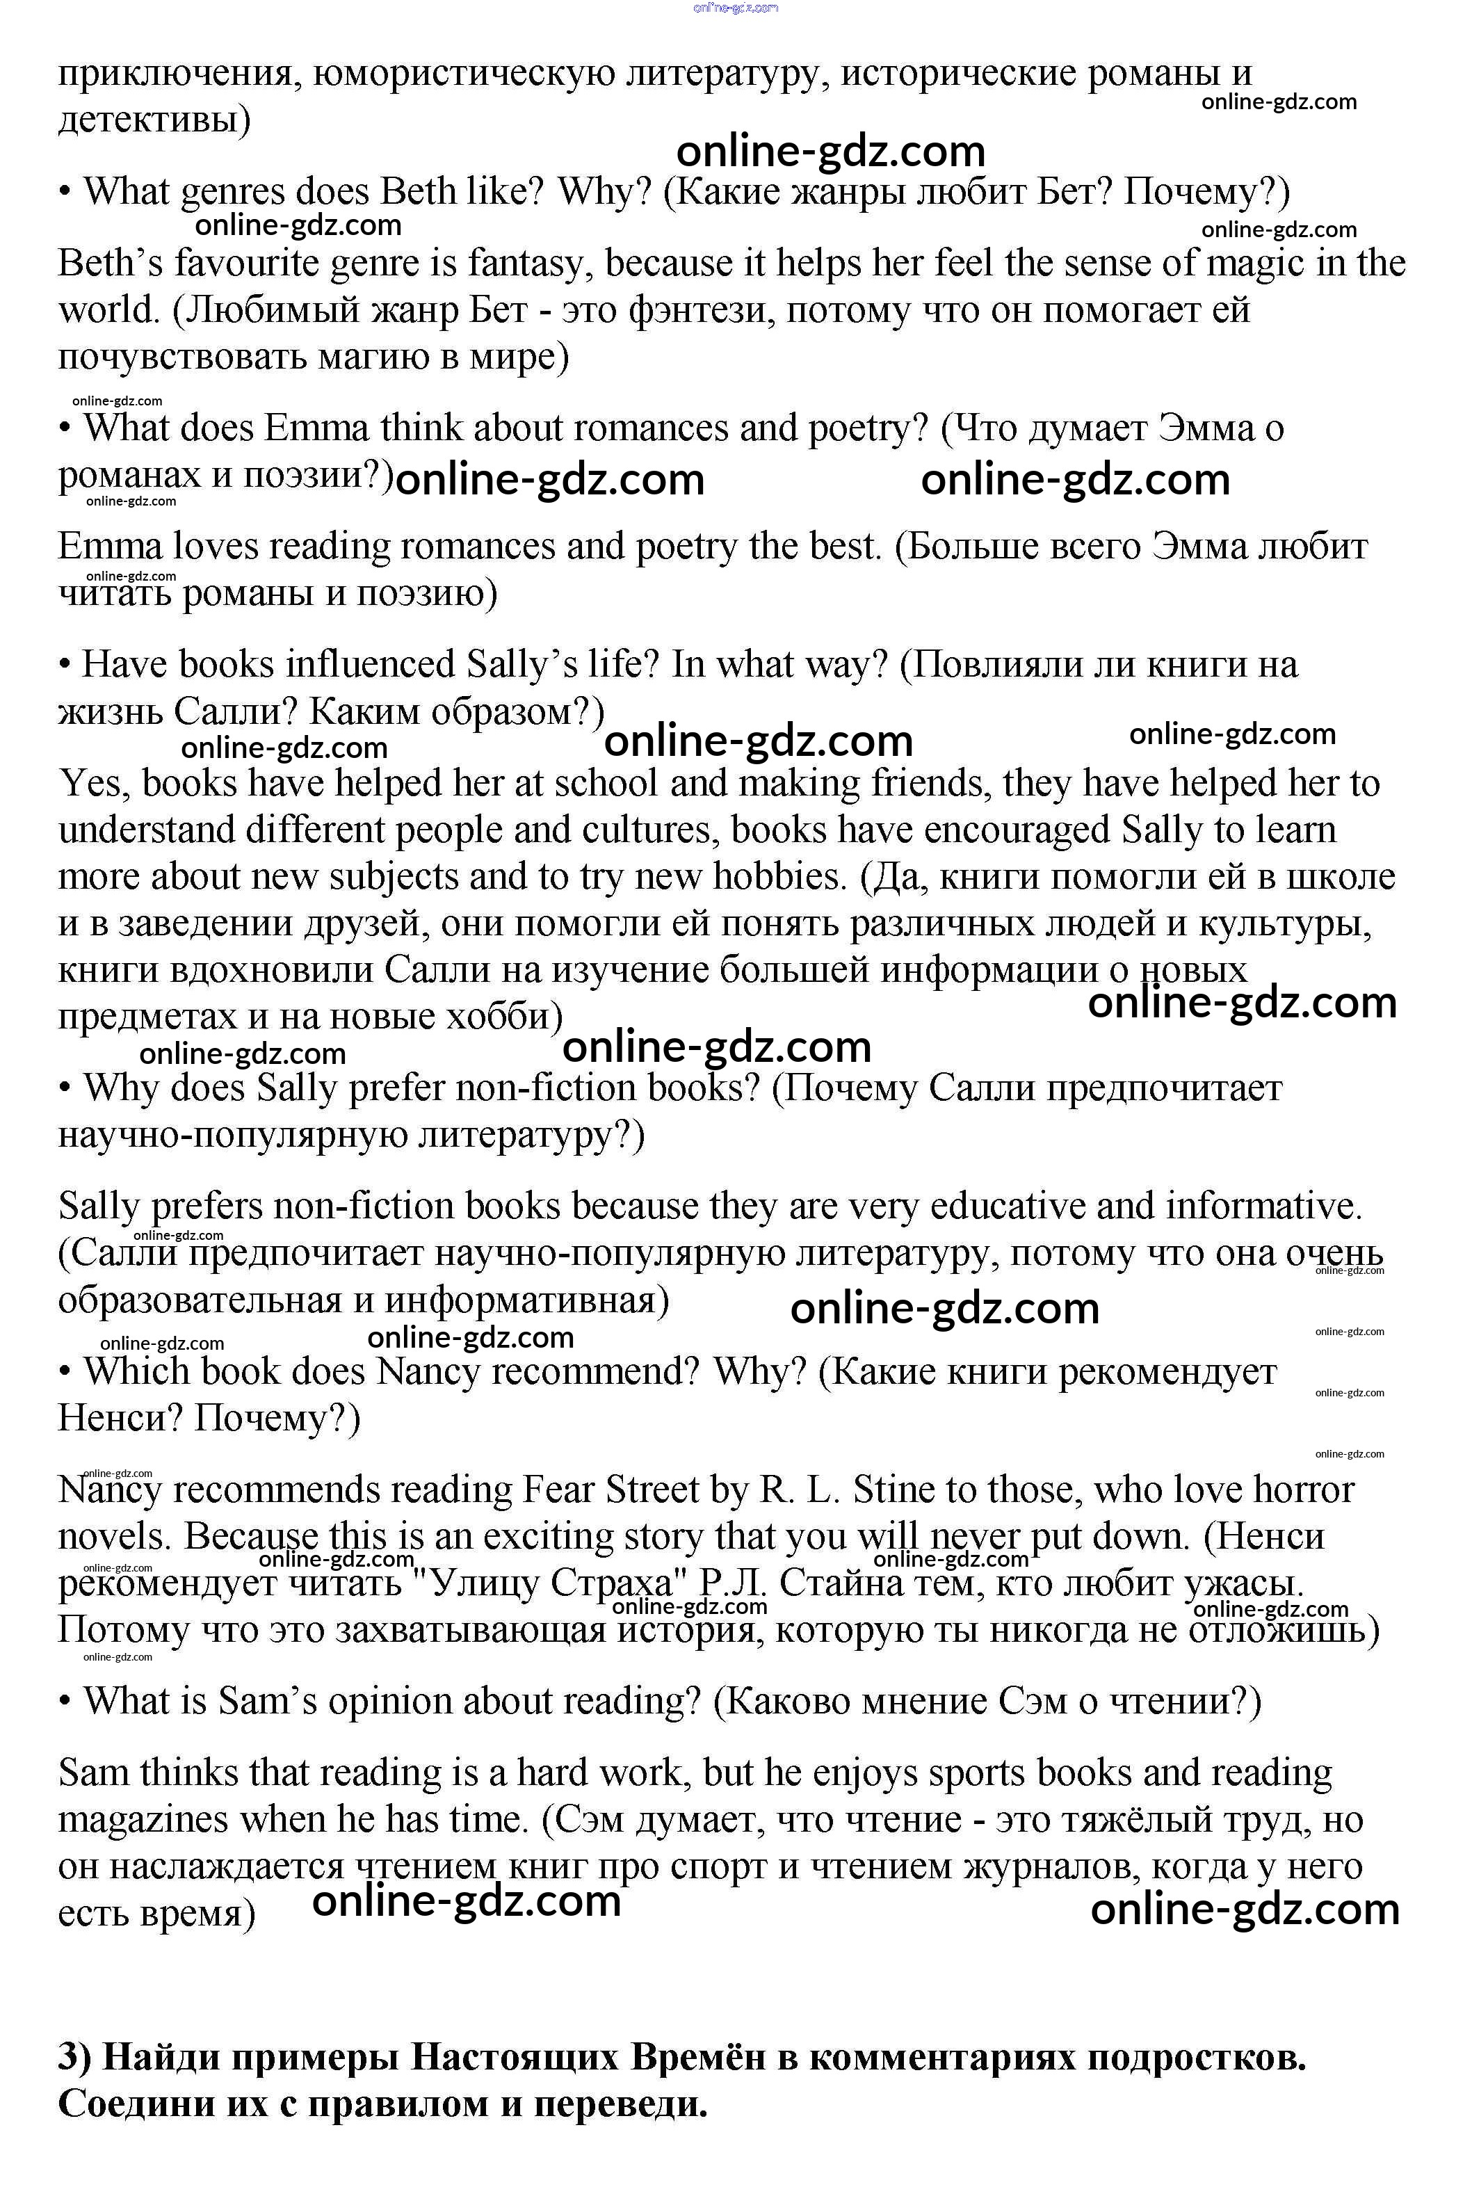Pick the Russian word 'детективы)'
pyautogui.click(x=154, y=120)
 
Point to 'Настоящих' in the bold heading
pyautogui.click(x=515, y=2058)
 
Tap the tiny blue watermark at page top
pyautogui.click(x=735, y=8)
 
